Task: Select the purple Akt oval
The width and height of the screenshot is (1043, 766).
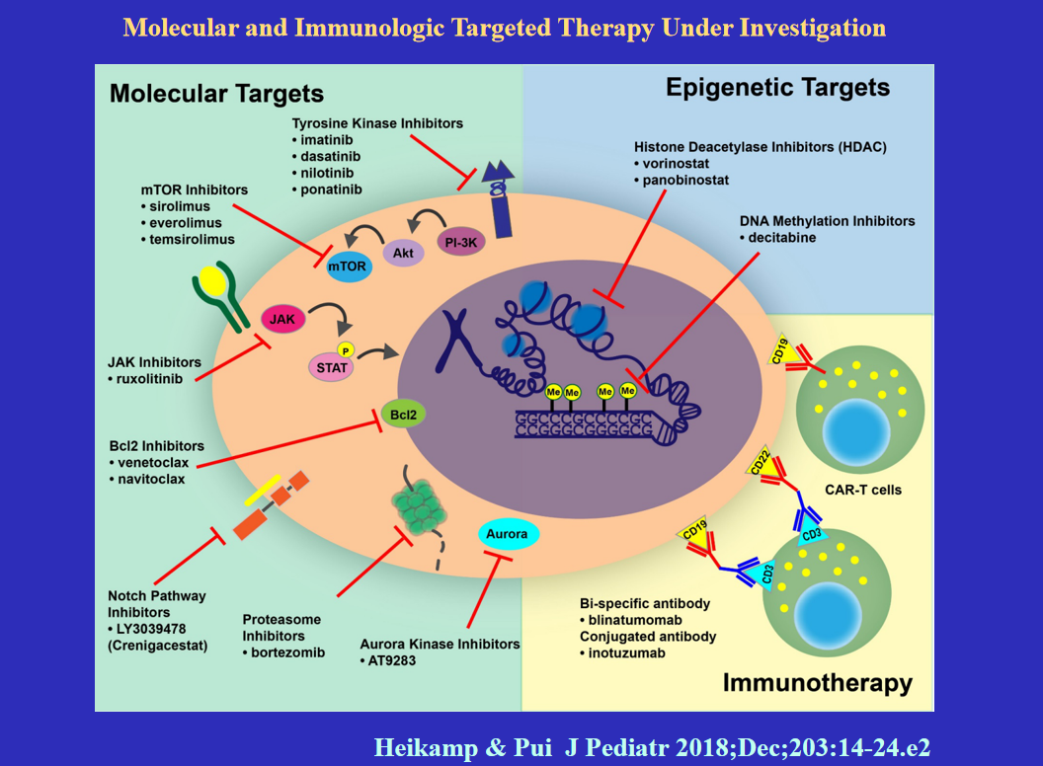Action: tap(402, 254)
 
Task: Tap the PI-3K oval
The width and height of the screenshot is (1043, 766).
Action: tap(460, 242)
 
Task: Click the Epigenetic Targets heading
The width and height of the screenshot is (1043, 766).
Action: tap(777, 88)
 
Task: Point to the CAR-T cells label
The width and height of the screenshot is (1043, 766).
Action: tap(862, 490)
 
